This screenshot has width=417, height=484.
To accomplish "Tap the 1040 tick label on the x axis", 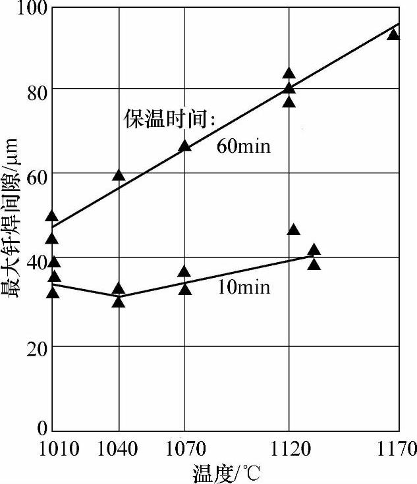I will [x=118, y=450].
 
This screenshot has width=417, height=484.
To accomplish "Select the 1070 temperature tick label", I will [x=186, y=450].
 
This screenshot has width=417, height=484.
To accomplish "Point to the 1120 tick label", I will [x=290, y=450].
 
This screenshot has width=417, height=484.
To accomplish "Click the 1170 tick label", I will [x=397, y=450].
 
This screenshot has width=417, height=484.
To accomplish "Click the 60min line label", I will [x=243, y=146].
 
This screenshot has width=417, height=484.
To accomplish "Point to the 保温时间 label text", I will [x=171, y=119].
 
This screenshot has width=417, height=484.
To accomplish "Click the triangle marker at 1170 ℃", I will [x=393, y=34].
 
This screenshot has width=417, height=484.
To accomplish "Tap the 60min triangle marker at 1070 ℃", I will [x=185, y=146].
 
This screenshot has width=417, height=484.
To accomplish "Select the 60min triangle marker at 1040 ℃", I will [x=119, y=175].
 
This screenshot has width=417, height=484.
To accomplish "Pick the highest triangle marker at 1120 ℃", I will [x=289, y=74].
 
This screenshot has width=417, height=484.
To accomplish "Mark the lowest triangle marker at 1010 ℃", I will [x=53, y=292].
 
